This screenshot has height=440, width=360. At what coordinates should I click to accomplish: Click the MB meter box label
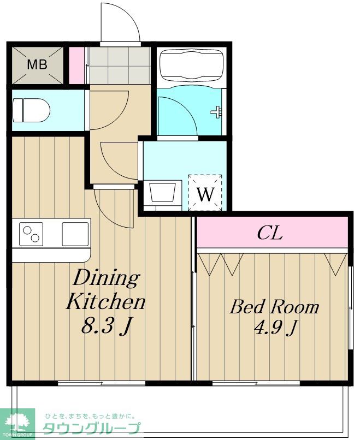(37, 65)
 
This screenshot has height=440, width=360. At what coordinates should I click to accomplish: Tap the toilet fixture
(31, 110)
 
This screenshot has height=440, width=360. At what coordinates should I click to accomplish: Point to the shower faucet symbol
(216, 112)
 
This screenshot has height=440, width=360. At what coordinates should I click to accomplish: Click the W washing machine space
(205, 193)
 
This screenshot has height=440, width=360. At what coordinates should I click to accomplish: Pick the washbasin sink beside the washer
(163, 193)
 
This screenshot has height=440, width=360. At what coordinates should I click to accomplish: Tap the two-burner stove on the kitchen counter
(31, 234)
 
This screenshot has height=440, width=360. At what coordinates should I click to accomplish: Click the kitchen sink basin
(75, 234)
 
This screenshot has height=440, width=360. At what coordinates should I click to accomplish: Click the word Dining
(107, 278)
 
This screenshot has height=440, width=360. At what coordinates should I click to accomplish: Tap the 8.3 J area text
(107, 325)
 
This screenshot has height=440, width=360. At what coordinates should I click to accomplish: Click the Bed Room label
(275, 307)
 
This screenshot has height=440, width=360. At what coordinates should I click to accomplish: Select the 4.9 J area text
(275, 327)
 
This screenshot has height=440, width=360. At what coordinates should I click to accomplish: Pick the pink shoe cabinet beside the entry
(76, 66)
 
